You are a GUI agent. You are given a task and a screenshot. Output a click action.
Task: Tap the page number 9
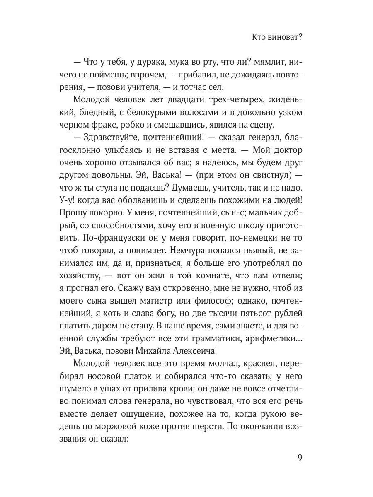pos(300,458)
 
